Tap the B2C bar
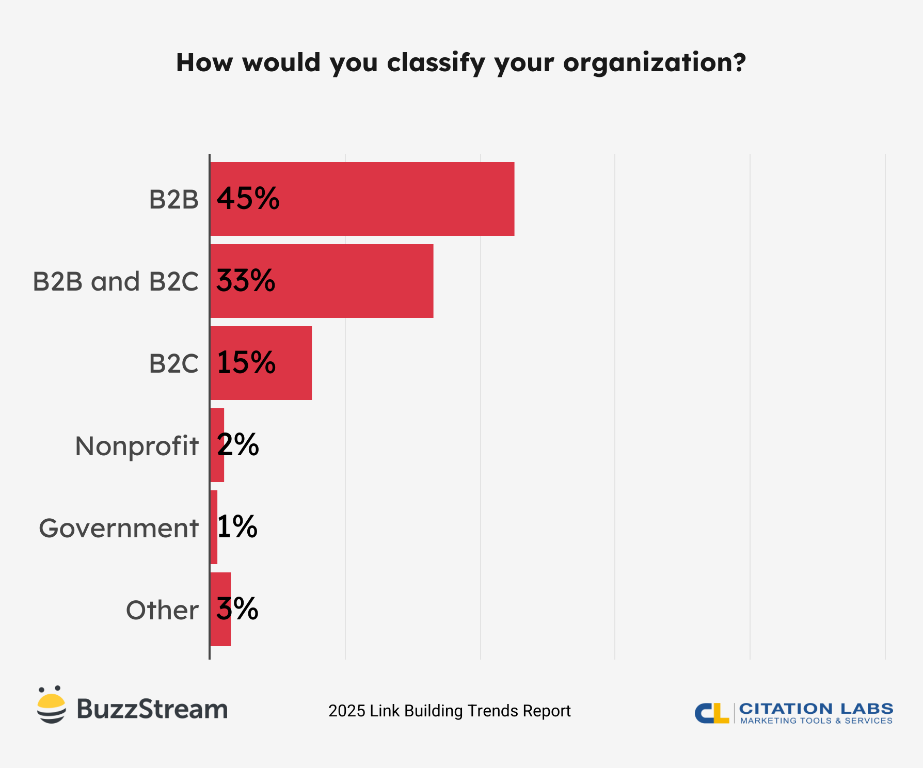(294, 363)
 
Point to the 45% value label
(248, 199)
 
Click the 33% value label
(246, 281)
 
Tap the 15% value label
(246, 363)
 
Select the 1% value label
(237, 527)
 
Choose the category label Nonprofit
(137, 446)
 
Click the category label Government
(119, 529)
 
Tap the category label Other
(162, 610)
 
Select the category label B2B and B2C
(116, 282)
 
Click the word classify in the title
(436, 63)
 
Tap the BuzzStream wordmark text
(152, 709)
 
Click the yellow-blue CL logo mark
(712, 713)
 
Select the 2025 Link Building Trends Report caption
(449, 711)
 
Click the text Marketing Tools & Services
(816, 721)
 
